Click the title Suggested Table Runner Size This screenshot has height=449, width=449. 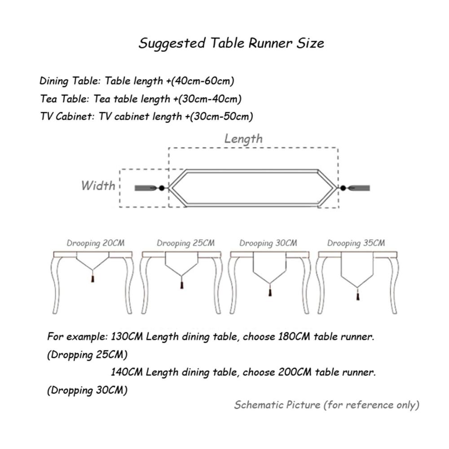[x=231, y=44]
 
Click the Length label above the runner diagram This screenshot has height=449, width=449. [x=243, y=139]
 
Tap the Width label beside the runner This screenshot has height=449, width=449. [x=98, y=185]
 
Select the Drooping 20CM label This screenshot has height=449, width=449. [x=96, y=243]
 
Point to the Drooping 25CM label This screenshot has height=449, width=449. [x=185, y=243]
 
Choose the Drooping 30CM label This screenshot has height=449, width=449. [x=269, y=243]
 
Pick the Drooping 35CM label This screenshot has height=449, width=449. [x=356, y=243]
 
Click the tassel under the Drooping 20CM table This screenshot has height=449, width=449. [x=92, y=279]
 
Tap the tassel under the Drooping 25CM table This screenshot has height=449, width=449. [x=181, y=285]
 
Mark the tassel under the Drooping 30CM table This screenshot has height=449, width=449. [x=270, y=292]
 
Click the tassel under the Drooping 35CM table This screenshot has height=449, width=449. [x=358, y=296]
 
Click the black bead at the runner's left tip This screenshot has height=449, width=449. [x=162, y=188]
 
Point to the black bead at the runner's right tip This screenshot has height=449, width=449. [x=343, y=188]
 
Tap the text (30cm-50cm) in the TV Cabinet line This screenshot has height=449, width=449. [x=222, y=117]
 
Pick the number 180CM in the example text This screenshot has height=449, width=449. [x=294, y=336]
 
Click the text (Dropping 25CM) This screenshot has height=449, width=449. [x=88, y=355]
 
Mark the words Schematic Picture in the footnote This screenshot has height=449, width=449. [x=277, y=405]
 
